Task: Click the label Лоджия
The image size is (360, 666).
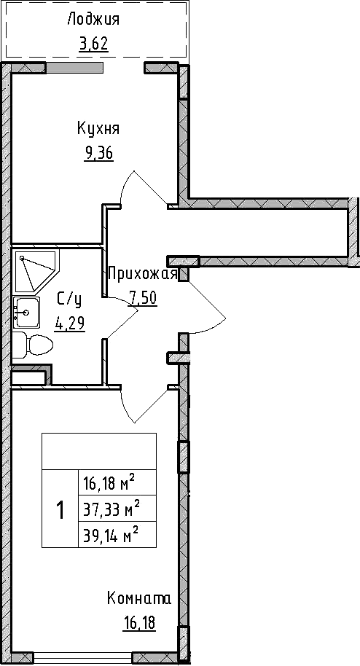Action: (93, 20)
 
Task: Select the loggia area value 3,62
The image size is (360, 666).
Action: (93, 44)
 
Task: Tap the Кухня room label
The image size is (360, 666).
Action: (98, 129)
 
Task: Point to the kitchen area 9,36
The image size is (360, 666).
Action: (99, 154)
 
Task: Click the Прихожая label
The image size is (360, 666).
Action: (143, 274)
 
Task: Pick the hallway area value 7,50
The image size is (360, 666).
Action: (143, 297)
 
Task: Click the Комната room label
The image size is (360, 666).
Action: (138, 599)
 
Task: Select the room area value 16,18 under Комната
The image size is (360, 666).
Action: (138, 623)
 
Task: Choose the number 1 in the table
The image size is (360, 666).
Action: (60, 509)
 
